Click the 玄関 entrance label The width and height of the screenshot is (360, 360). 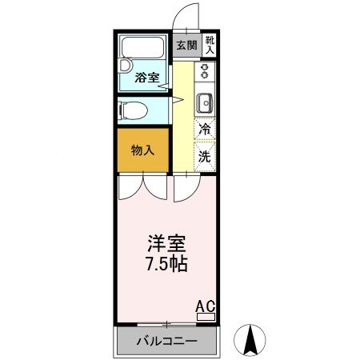[x=186, y=46]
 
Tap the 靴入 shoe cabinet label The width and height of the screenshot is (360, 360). [x=209, y=45]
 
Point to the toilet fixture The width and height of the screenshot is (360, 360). [x=133, y=110]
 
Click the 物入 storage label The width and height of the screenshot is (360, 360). [x=142, y=149]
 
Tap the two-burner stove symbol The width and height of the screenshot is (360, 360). [x=204, y=70]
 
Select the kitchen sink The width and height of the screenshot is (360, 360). [x=204, y=102]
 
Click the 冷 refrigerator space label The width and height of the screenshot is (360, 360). [x=205, y=129]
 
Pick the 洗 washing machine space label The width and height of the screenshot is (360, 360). [x=205, y=155]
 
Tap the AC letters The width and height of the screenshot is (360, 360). [x=206, y=305]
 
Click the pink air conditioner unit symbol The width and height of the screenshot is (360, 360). [x=206, y=317]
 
